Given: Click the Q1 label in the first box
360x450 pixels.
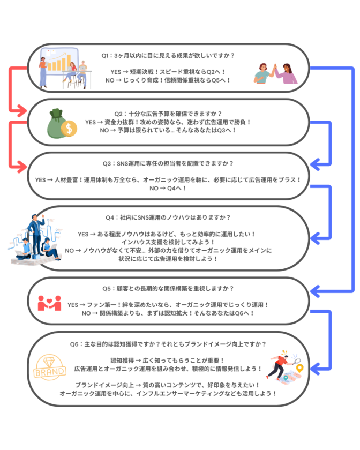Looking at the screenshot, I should pos(106,55).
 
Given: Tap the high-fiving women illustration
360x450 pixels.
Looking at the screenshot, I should pos(275,74).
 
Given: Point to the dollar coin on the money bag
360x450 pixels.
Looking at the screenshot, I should pos(69,129).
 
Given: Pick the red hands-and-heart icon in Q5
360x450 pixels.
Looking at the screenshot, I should pos(49,303).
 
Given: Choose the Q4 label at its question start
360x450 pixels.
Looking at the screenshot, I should pos(111,217).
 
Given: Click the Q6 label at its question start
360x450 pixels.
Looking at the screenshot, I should pos(76,344).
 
